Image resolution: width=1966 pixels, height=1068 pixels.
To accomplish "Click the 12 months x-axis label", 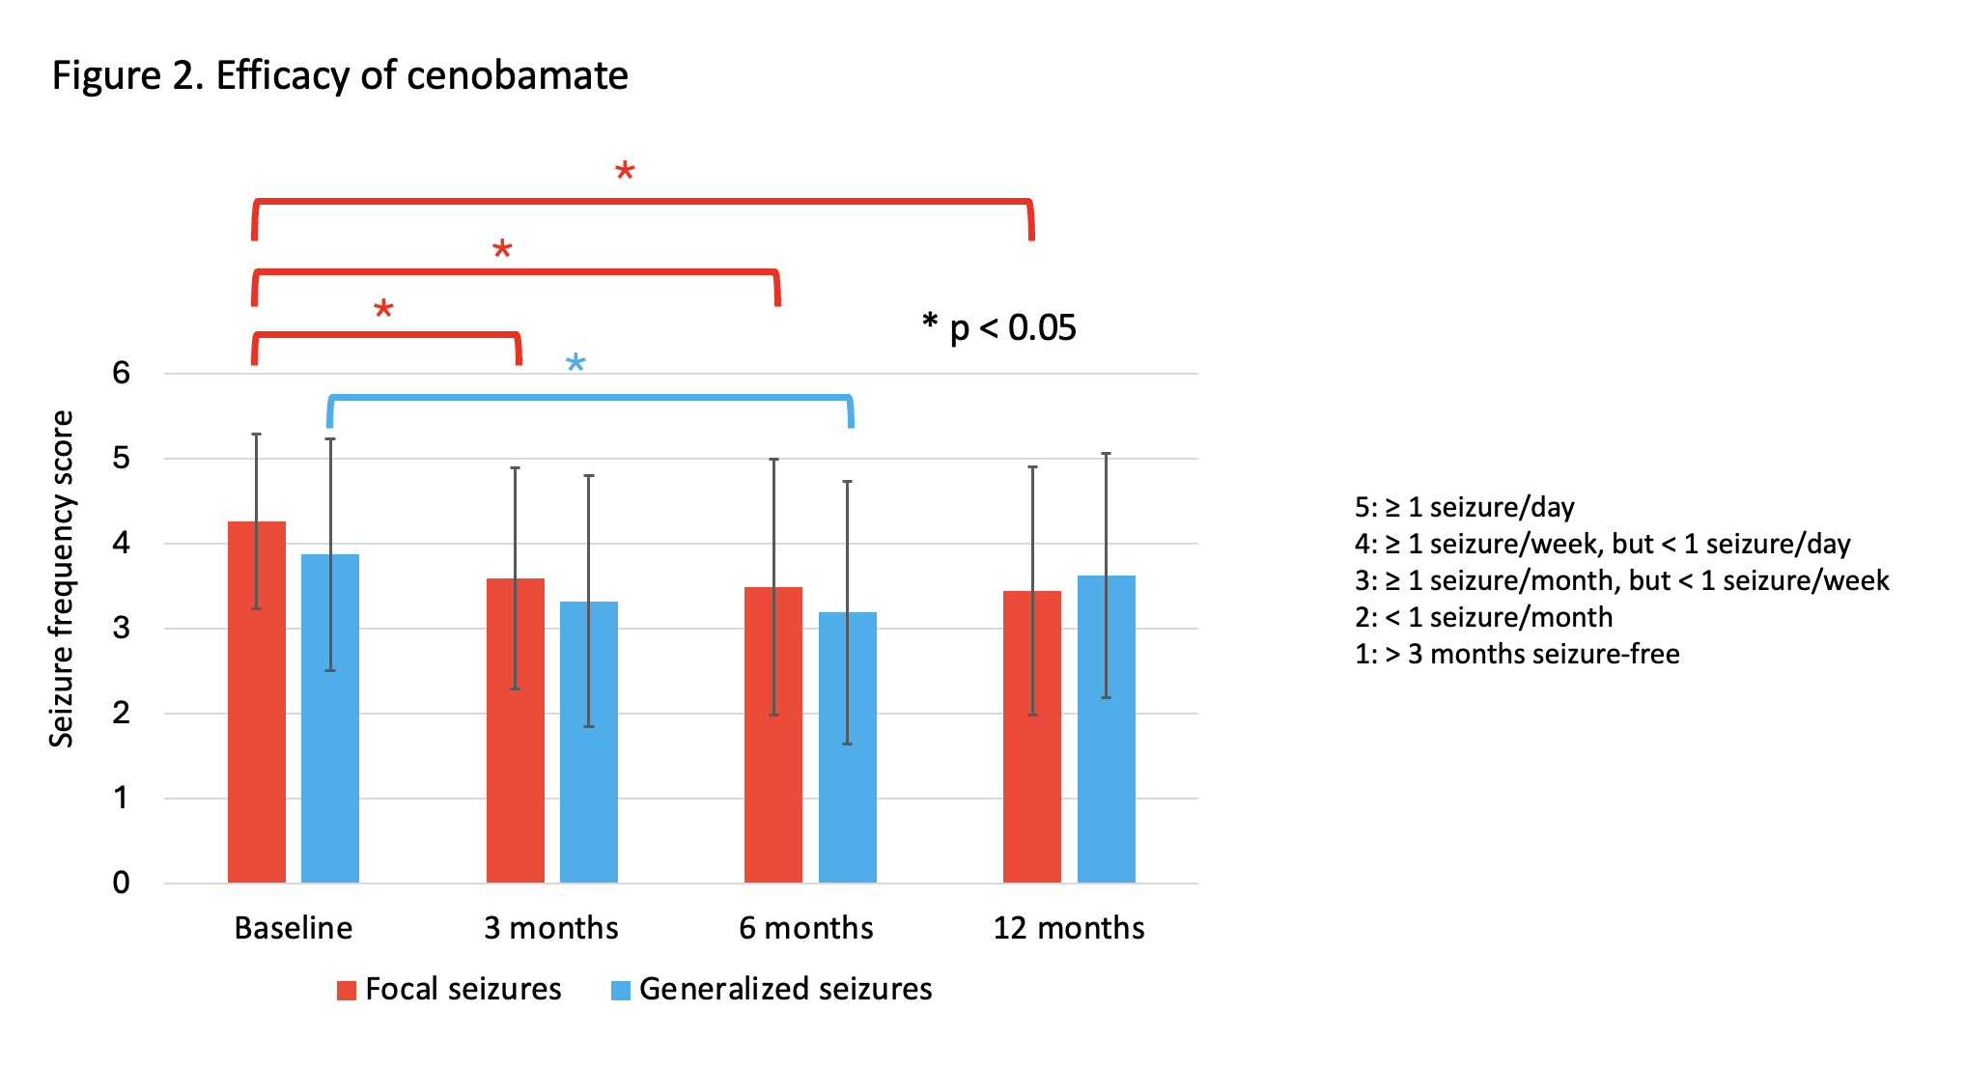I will tap(1068, 928).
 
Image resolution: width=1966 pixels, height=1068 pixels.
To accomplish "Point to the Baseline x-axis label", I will tap(293, 928).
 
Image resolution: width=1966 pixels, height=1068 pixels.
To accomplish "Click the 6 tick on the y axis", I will tap(121, 373).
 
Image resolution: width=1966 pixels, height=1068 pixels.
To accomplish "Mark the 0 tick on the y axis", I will tap(121, 883).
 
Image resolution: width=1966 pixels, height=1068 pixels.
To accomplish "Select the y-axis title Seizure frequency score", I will tap(62, 579).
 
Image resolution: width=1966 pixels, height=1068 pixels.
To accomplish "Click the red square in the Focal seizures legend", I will tap(347, 990).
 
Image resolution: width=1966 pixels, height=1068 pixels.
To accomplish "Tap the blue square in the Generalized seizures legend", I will tap(621, 990).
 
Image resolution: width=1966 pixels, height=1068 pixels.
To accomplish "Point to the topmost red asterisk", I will tap(625, 173).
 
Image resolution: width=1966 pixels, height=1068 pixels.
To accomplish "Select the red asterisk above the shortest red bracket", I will tap(383, 310).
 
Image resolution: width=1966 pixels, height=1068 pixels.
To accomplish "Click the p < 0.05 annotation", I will tap(1000, 328).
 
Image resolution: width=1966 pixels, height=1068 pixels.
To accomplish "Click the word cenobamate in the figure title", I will tap(518, 75).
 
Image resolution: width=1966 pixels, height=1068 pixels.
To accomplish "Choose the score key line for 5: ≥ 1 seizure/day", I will tap(1464, 507).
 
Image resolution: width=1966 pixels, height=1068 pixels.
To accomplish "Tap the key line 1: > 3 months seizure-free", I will tap(1516, 654).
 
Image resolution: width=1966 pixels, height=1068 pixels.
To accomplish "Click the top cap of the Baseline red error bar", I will tap(256, 435).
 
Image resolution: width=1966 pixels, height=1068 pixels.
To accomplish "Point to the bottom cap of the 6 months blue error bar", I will tap(847, 744).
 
